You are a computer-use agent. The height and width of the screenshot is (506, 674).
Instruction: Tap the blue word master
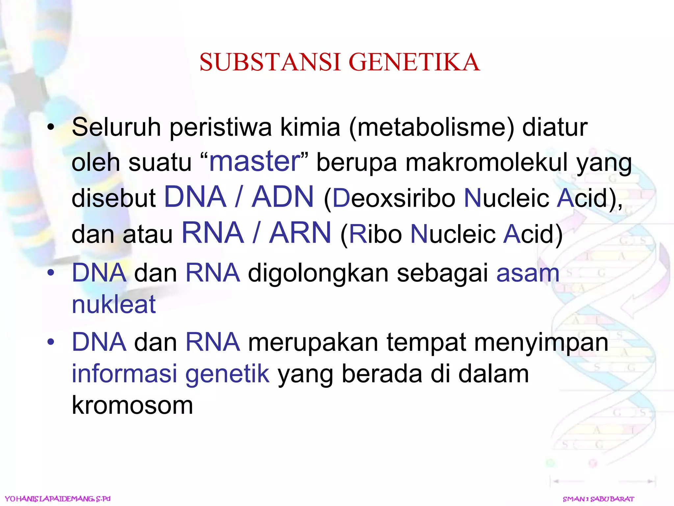255,161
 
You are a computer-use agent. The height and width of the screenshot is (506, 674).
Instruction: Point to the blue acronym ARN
300,233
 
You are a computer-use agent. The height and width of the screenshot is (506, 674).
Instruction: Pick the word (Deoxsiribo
390,198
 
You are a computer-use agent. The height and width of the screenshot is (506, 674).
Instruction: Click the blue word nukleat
114,304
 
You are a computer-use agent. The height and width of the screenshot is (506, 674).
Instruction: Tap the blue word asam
528,273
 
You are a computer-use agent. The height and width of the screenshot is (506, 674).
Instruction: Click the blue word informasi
124,374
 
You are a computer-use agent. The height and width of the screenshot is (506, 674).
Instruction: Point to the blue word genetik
227,374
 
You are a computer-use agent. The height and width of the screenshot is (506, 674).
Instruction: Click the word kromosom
132,405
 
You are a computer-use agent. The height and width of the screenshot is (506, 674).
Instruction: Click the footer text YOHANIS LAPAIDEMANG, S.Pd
58,499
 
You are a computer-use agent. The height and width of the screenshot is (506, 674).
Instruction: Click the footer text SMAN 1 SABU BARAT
598,499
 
